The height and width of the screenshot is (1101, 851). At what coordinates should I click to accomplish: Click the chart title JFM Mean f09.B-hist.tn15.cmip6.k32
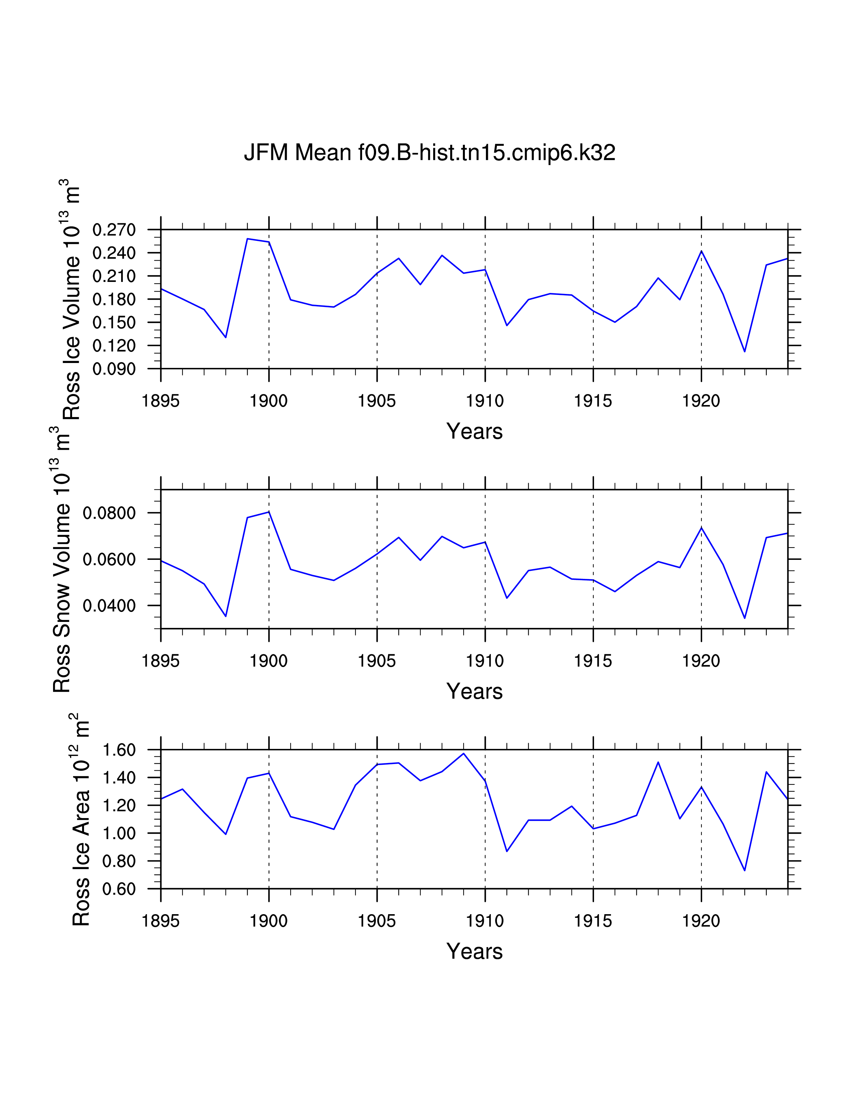pos(430,152)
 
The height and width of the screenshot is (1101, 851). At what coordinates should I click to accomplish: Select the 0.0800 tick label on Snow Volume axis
pos(109,513)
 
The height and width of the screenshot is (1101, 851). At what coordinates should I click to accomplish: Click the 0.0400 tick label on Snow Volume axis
pos(109,606)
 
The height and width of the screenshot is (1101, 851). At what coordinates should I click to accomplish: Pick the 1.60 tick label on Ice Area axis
pos(119,750)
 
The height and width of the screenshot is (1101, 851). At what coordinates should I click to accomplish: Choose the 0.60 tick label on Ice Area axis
pos(119,889)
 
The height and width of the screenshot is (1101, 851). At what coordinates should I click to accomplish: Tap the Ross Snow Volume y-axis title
pos(61,559)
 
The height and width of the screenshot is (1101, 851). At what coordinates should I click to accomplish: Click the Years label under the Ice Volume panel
pos(475,431)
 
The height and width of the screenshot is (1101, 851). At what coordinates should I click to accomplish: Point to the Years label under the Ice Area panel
pos(475,951)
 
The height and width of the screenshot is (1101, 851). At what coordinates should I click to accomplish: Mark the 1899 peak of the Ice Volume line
pos(248,239)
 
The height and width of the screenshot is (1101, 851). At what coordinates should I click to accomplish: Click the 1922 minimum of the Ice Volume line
pos(745,351)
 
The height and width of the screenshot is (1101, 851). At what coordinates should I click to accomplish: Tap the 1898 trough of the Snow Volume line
pos(226,616)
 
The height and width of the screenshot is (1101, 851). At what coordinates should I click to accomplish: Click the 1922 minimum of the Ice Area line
pos(745,870)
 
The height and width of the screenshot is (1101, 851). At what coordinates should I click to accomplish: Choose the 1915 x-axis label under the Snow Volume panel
pos(593,661)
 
